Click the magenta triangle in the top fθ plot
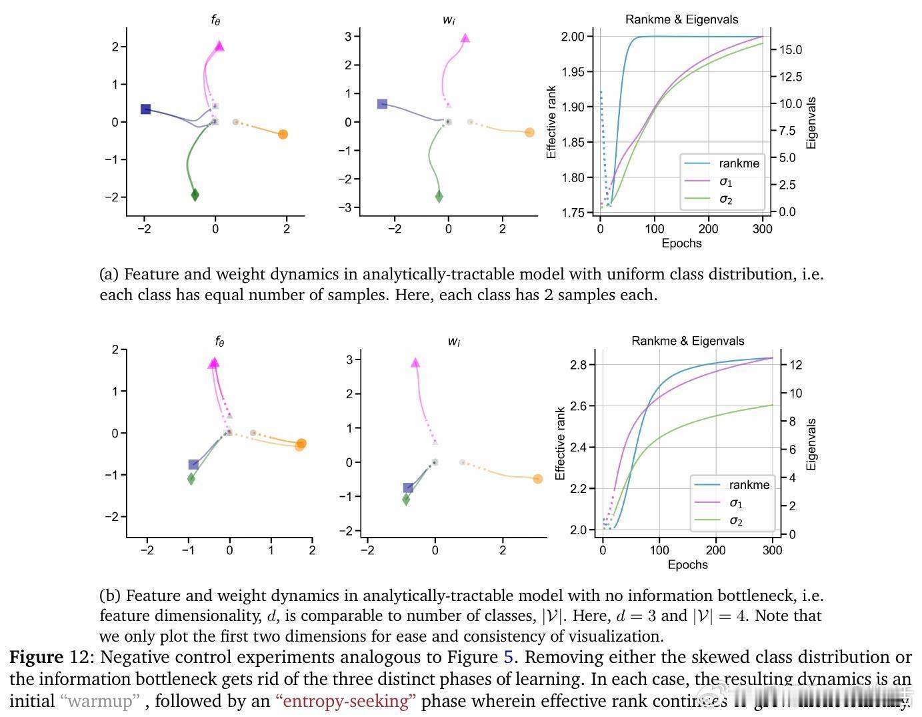[x=219, y=46]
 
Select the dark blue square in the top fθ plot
[x=145, y=109]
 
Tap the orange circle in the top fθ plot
[x=283, y=134]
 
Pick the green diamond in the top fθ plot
[x=195, y=195]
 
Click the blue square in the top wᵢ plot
[x=382, y=104]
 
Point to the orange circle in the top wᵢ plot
[x=529, y=133]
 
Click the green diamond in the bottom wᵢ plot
[x=406, y=500]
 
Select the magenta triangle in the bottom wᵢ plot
[x=415, y=363]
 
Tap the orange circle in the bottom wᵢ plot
[x=538, y=479]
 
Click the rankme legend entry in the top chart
[x=739, y=163]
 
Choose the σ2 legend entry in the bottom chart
[x=735, y=521]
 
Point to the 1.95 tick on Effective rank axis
[x=577, y=71]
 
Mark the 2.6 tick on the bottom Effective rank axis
[x=578, y=406]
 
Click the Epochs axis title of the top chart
[x=681, y=243]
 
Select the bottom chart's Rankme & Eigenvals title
[x=687, y=341]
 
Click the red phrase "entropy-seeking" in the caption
[x=345, y=701]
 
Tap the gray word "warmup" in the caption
[x=100, y=701]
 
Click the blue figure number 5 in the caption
[x=508, y=657]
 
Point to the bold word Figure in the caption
[x=37, y=657]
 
